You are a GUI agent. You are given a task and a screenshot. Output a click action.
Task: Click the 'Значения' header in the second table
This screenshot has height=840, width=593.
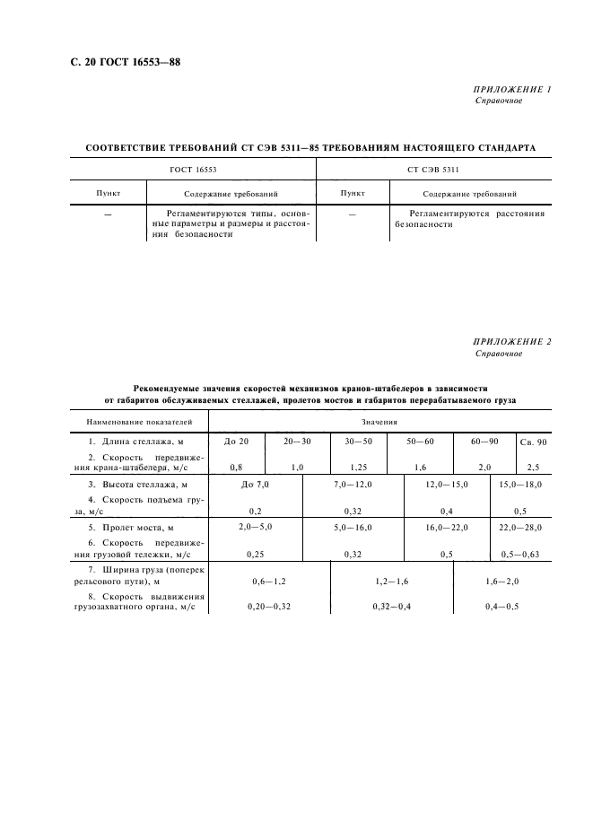coord(379,421)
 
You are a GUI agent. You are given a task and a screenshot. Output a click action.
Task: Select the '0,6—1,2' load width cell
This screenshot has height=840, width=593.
coord(268,582)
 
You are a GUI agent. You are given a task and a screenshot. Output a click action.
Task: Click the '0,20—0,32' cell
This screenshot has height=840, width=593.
coord(268,608)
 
